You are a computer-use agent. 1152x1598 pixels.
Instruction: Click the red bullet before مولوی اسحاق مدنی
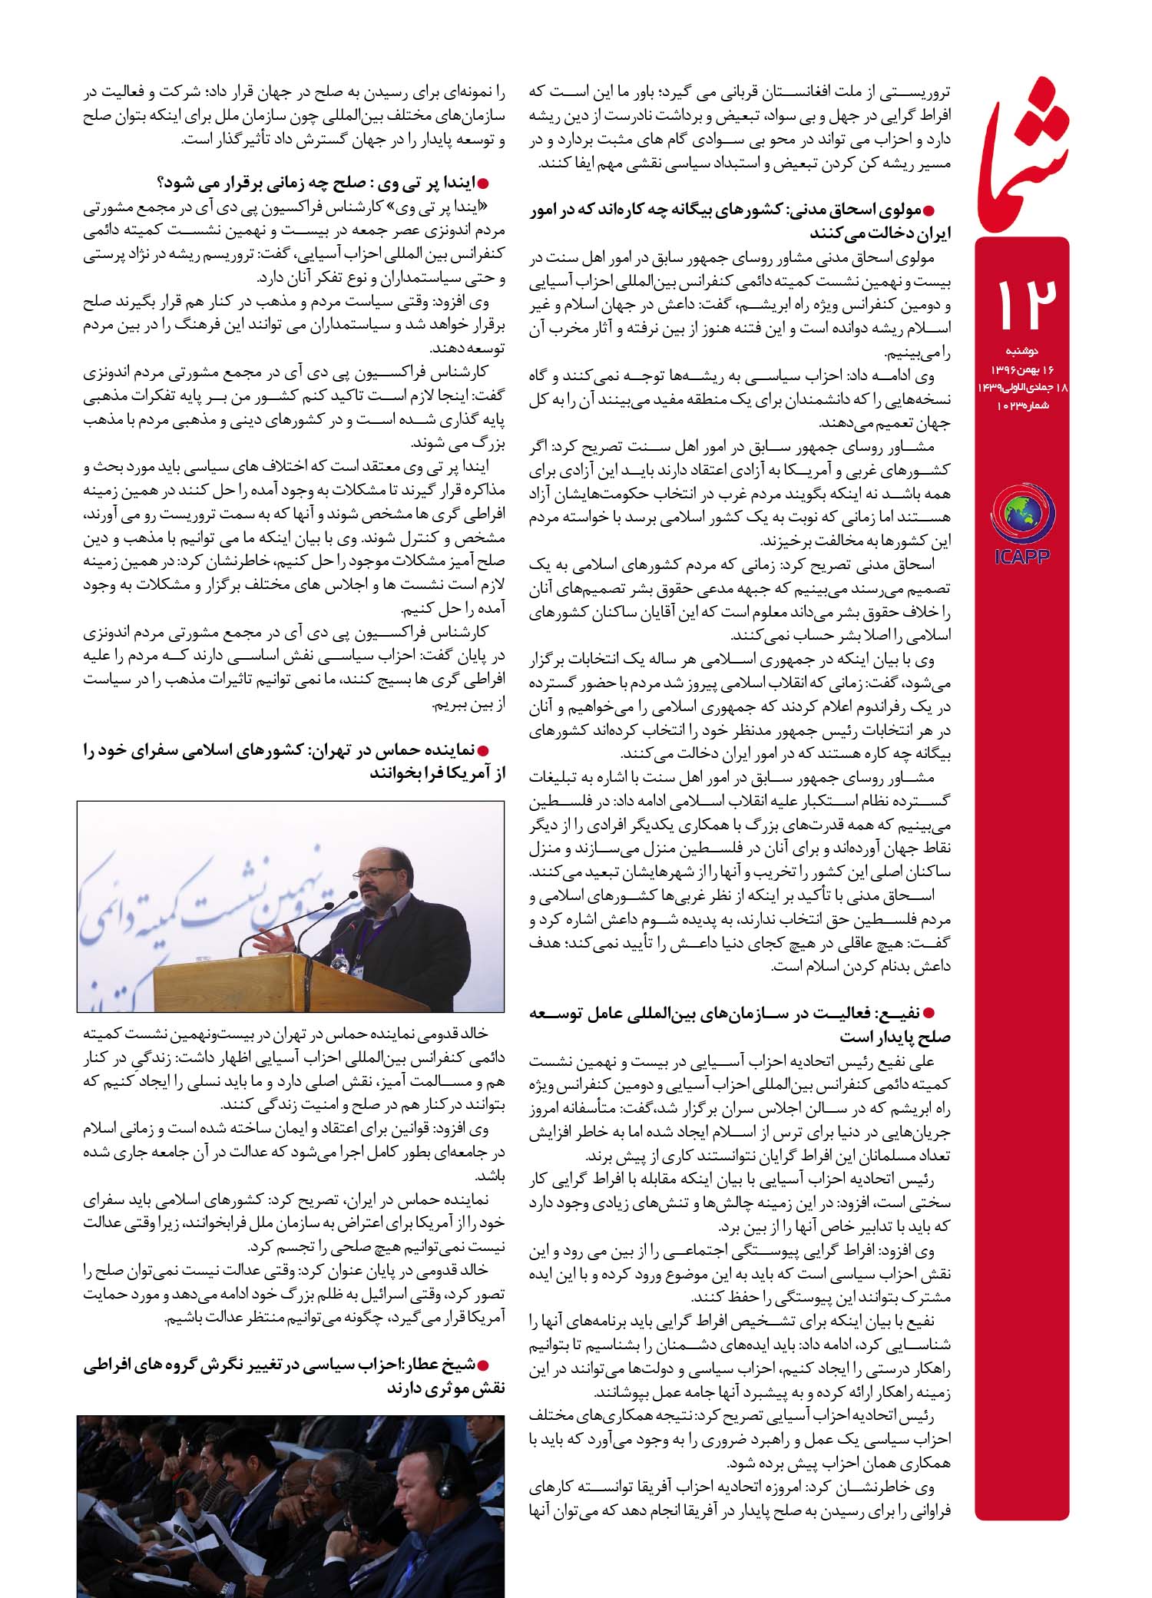929,209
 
